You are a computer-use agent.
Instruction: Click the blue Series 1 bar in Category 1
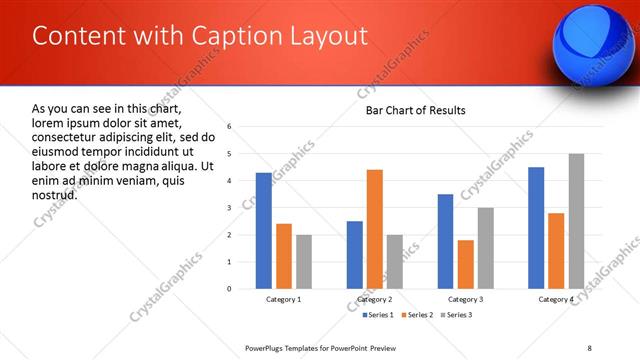coord(263,231)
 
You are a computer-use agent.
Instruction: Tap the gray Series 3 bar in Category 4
coord(576,221)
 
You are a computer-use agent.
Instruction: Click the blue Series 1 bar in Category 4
coord(536,228)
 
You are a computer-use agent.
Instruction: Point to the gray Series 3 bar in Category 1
coord(304,262)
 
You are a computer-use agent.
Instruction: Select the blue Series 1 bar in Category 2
coord(355,255)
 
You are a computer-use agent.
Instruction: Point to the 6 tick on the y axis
coord(230,127)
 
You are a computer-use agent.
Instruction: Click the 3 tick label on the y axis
coord(230,208)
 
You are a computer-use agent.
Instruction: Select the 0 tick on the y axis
coord(230,289)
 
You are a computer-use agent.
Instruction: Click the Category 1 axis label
coord(284,300)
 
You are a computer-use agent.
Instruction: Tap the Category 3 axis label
coord(466,300)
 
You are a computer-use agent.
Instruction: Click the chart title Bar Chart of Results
coord(415,110)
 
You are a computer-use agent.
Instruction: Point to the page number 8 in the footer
coord(589,348)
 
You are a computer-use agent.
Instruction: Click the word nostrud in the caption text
coord(55,195)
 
